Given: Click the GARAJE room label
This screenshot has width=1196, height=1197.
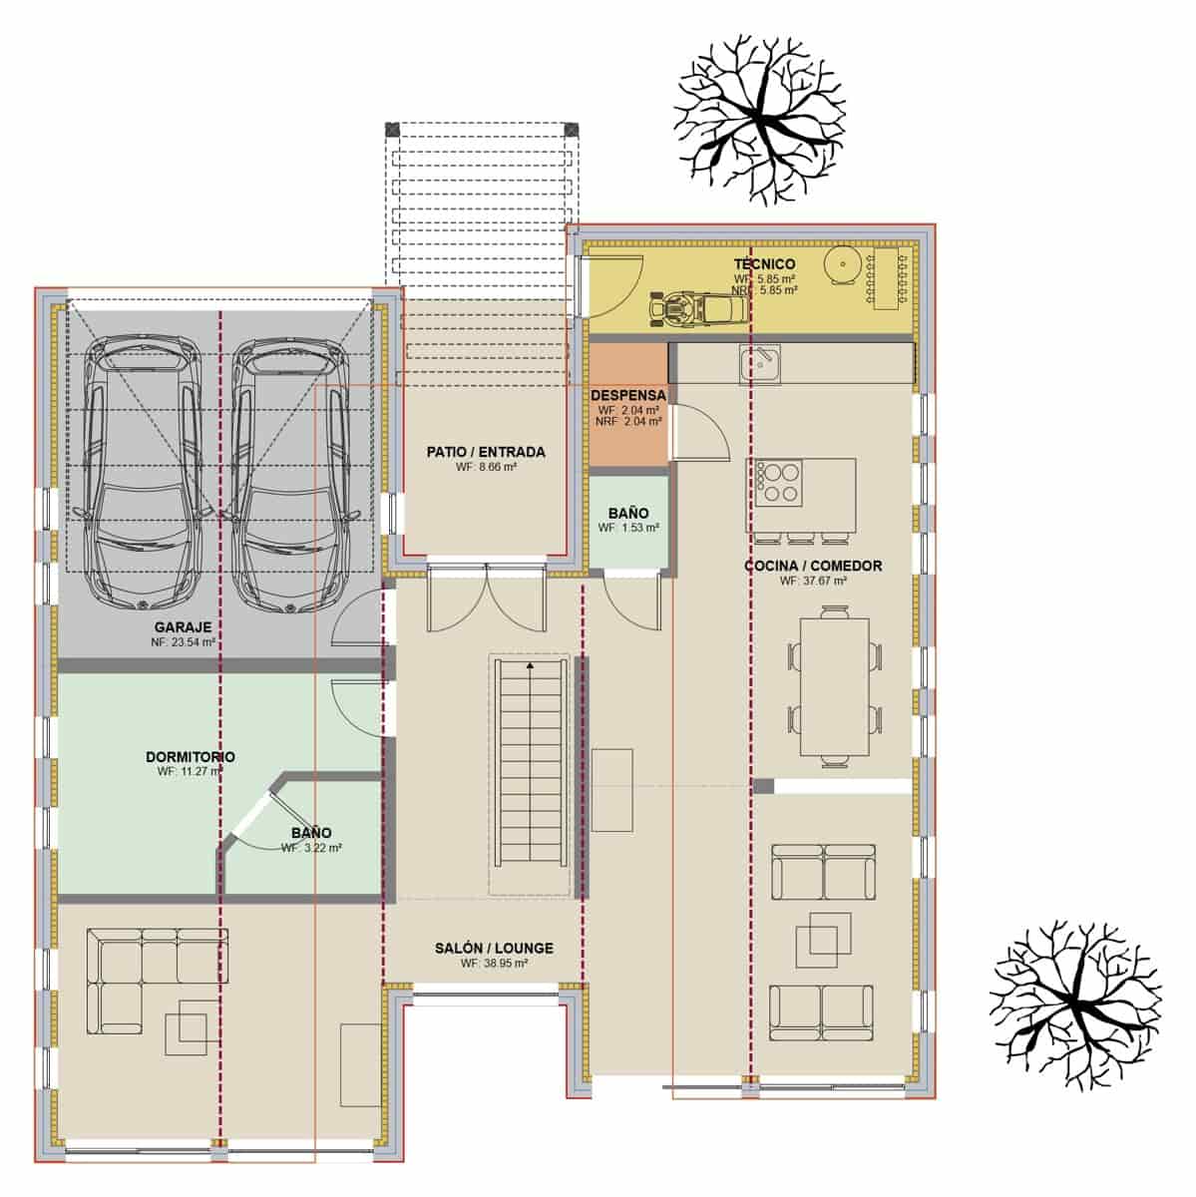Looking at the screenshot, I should (x=182, y=627).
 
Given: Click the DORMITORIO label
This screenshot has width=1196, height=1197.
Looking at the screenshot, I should (x=190, y=757).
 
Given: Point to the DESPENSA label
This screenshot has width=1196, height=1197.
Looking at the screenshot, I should (x=628, y=395).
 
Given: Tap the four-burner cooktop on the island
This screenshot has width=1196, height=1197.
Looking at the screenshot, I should (x=776, y=482).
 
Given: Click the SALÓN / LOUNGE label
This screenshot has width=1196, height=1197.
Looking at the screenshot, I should (x=494, y=949).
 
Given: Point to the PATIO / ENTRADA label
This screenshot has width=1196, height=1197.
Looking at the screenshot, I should (x=486, y=452).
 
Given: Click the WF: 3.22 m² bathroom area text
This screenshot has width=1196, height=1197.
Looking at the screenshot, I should (x=311, y=848).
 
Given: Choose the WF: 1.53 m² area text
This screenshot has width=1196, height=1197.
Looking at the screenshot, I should (x=628, y=528).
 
